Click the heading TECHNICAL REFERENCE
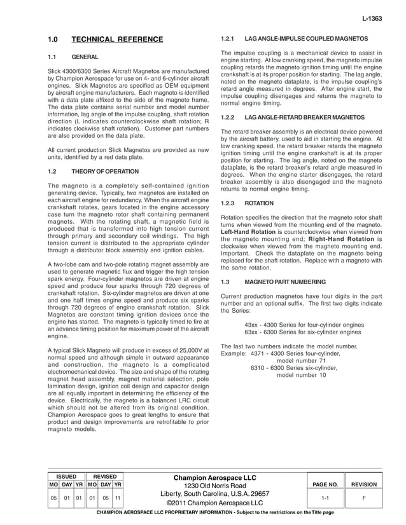point(117,39)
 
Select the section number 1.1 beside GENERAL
point(53,57)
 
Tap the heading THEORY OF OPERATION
point(104,172)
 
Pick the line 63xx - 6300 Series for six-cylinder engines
point(303,332)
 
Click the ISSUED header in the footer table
point(66,476)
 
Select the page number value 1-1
point(325,499)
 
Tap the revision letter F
point(364,499)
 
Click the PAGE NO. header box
point(325,484)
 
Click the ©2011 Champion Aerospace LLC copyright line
point(214,503)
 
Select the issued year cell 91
point(80,498)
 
